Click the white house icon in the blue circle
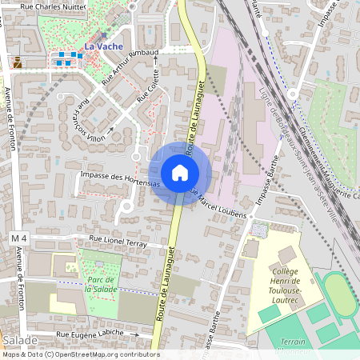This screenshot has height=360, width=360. point(180,173)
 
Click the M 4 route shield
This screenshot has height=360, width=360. point(19,239)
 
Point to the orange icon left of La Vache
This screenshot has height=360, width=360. point(18,62)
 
